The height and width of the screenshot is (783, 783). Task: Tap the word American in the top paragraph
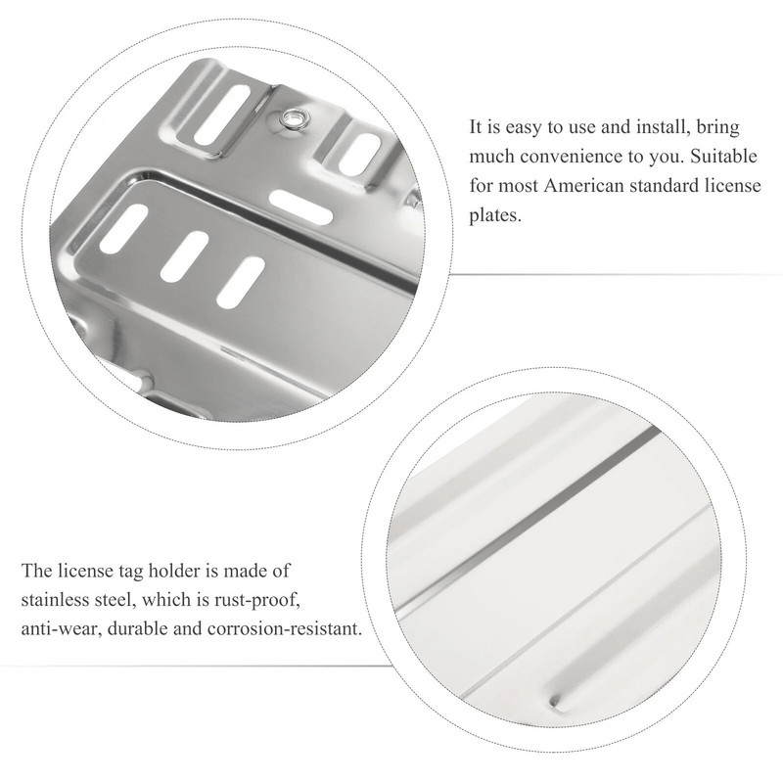(583, 186)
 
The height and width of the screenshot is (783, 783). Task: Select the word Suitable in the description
(723, 157)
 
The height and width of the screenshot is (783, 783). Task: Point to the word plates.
(495, 215)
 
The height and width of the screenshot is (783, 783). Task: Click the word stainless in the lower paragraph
(52, 600)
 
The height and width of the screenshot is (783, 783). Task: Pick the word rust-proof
(257, 601)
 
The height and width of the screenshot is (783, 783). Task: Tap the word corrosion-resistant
(284, 628)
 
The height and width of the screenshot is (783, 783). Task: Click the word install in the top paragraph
(666, 127)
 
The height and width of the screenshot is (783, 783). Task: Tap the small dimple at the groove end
(555, 702)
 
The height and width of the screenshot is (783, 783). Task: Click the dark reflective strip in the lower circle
(530, 517)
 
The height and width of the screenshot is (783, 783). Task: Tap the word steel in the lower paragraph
(113, 600)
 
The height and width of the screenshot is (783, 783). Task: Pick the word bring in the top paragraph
(718, 128)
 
